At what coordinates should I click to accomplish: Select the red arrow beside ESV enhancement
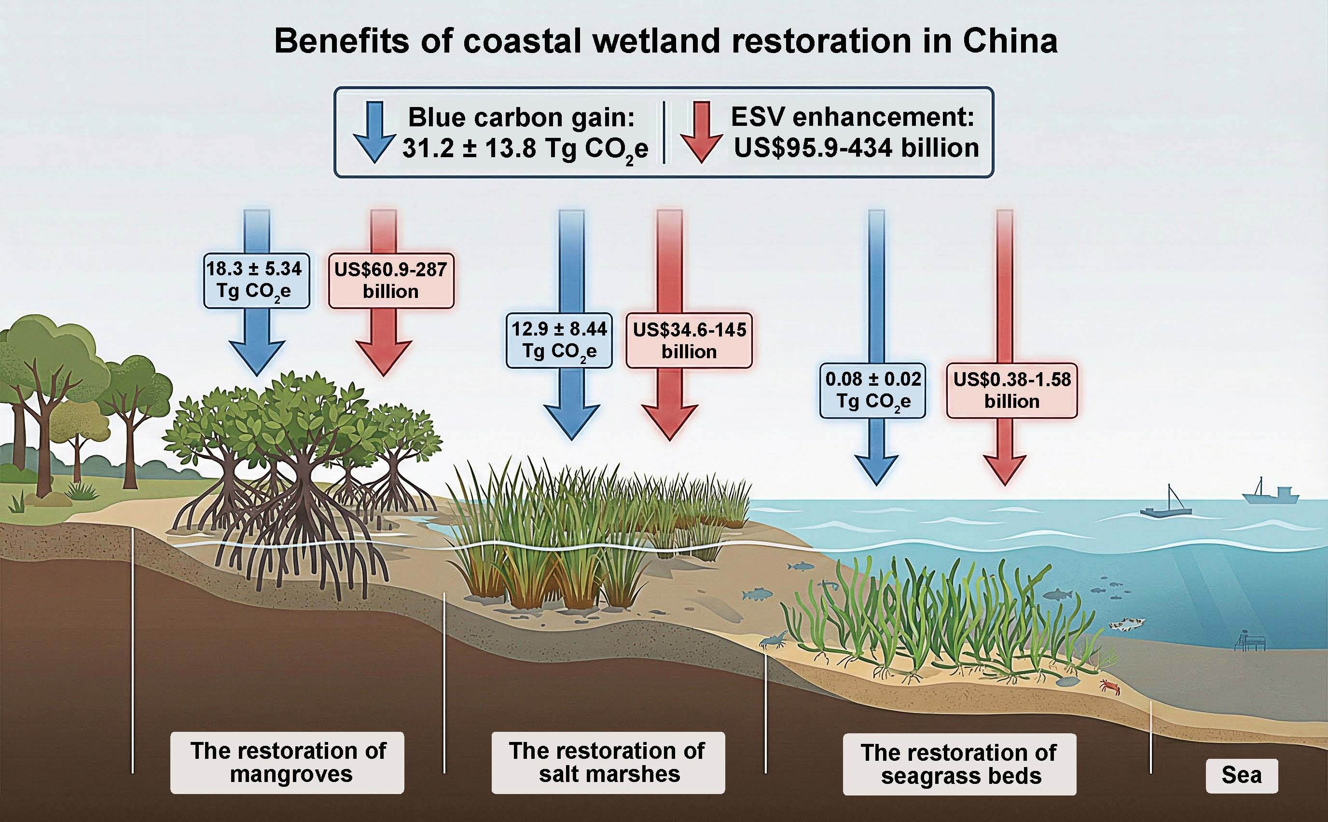702,132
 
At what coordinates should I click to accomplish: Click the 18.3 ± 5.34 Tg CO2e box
256,281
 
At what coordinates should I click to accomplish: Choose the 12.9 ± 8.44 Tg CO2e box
559,340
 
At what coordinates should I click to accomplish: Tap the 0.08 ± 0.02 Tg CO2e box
872,391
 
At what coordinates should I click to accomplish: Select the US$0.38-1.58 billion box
1011,391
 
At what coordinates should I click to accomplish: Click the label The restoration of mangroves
287,762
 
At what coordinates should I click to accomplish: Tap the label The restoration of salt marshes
608,762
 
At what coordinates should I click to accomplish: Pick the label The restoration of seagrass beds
959,764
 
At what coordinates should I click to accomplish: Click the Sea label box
1241,775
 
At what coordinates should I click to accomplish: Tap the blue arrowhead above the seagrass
876,469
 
